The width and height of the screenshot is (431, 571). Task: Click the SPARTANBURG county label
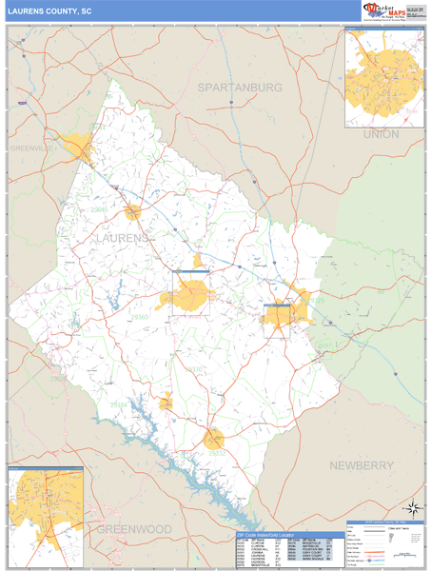tap(240, 87)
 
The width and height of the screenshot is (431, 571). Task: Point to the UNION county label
tap(381, 134)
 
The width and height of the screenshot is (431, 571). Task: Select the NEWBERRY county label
tap(362, 465)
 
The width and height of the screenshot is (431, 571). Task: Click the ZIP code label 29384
tap(119, 405)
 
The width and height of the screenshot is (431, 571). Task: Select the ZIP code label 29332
tap(216, 453)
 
